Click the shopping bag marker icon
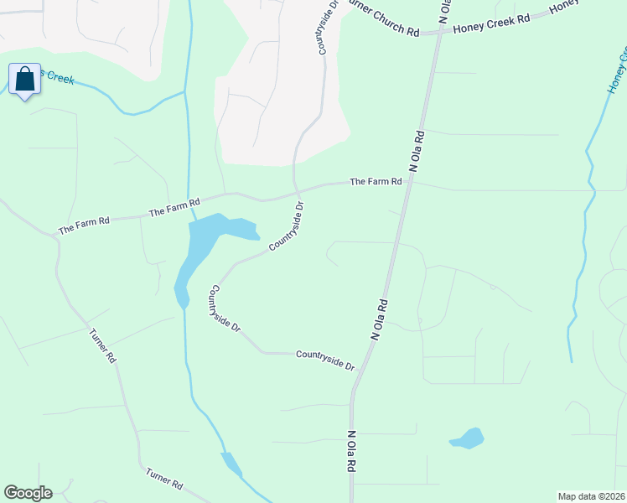click(25, 80)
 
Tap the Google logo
click(28, 493)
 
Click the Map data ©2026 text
click(591, 496)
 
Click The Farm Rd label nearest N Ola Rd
click(376, 181)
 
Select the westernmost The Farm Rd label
click(84, 225)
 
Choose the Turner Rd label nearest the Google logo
click(163, 480)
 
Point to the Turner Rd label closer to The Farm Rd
click(102, 345)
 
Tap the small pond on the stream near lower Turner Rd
click(231, 463)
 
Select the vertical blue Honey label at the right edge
click(620, 71)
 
